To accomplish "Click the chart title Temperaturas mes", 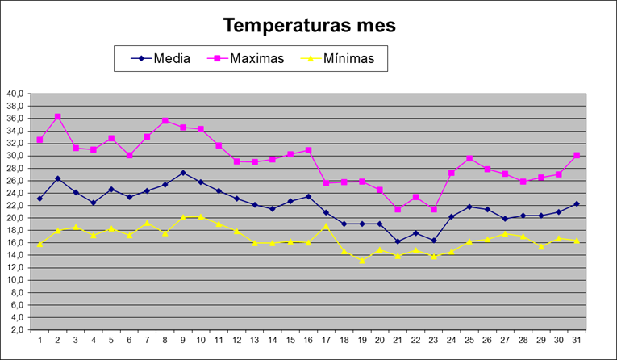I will click(x=310, y=25).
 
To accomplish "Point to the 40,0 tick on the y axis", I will click(x=15, y=94).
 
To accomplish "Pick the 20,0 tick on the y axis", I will click(x=15, y=218).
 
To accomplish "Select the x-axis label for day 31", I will click(x=576, y=340).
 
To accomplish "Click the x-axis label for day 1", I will click(x=40, y=340).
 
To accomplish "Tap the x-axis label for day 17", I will click(x=326, y=340).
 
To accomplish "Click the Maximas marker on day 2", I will click(x=57, y=117).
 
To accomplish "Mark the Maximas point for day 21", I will click(x=398, y=209).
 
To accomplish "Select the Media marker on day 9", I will click(x=183, y=173).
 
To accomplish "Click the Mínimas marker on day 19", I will click(x=361, y=260).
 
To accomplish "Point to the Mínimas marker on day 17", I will click(x=326, y=226).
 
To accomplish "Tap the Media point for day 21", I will click(x=398, y=241).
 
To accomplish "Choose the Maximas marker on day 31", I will click(x=576, y=155).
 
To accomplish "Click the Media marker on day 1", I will click(x=40, y=199).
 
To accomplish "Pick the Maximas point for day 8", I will click(x=165, y=121).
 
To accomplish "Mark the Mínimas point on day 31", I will click(x=576, y=241).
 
